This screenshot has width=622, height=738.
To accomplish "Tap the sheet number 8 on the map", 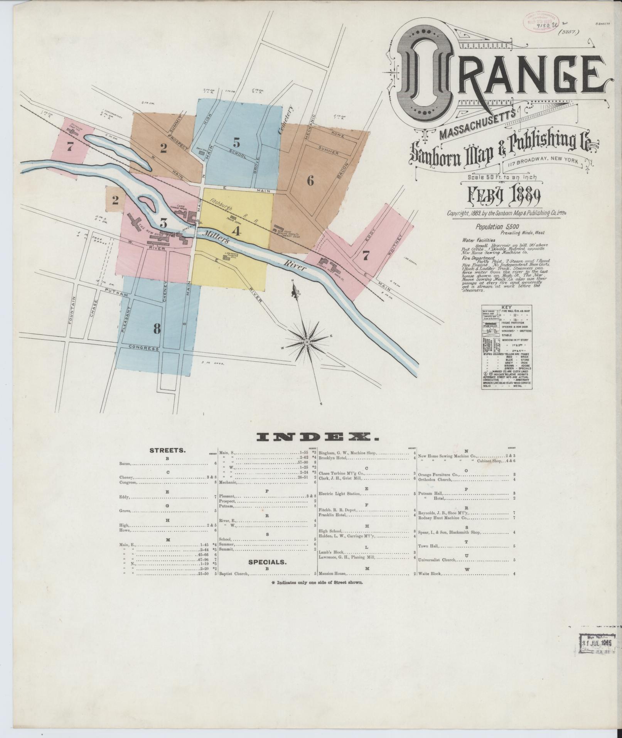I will [x=157, y=329].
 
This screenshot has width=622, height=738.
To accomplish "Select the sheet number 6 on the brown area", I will [x=310, y=180].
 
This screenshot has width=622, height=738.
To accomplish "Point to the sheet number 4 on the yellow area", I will [x=236, y=231].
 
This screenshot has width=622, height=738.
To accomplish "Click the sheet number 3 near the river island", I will [x=164, y=223].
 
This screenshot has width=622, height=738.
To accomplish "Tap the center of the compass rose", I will [x=307, y=342].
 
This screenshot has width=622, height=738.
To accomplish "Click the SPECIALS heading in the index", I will [x=267, y=562].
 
